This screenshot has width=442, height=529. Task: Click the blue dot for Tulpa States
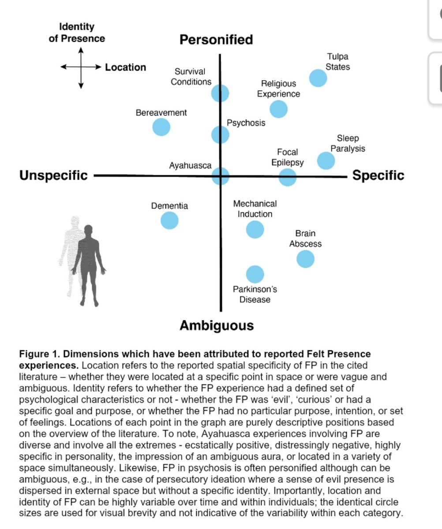click(x=318, y=78)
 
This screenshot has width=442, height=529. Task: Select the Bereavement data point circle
click(x=161, y=127)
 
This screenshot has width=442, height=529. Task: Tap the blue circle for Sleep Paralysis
click(x=326, y=160)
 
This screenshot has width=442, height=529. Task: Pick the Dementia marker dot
click(x=169, y=220)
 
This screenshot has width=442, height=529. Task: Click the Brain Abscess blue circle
click(x=305, y=259)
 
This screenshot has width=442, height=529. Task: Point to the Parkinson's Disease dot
click(x=255, y=274)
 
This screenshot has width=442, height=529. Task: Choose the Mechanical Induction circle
click(x=255, y=229)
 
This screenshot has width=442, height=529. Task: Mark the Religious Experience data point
click(x=278, y=109)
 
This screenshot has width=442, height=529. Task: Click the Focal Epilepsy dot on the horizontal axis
click(x=288, y=177)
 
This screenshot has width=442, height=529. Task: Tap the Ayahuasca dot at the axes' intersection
click(x=221, y=176)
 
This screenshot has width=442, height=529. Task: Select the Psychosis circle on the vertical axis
click(x=221, y=134)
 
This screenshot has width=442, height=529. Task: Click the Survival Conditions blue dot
click(x=220, y=93)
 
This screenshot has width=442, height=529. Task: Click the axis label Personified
click(x=216, y=40)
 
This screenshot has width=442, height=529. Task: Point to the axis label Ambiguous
click(x=217, y=326)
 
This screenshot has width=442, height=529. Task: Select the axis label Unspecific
click(x=53, y=175)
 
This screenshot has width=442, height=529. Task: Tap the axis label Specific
click(x=378, y=175)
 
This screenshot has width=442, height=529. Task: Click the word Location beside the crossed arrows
click(x=125, y=67)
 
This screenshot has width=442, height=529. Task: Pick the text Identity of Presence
click(x=77, y=33)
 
